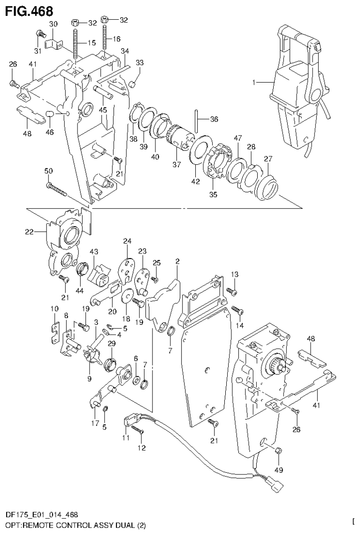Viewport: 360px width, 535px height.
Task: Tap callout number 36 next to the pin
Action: (x=214, y=119)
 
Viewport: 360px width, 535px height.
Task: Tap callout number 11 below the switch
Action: (x=125, y=438)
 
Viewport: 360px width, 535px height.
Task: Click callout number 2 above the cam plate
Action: (x=177, y=261)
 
